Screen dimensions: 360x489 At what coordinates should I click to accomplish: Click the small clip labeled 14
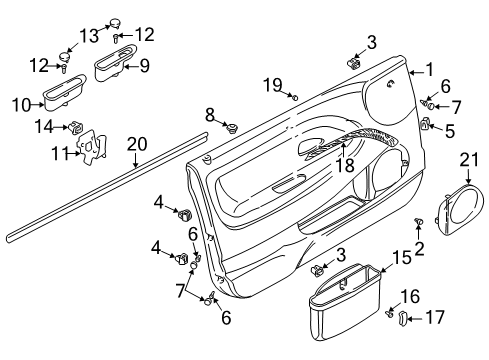(75, 126)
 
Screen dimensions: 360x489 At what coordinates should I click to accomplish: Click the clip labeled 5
(424, 125)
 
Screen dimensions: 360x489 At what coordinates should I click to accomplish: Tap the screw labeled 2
(418, 221)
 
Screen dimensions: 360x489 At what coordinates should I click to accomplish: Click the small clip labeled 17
(404, 318)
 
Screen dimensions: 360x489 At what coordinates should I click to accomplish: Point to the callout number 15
(400, 258)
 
